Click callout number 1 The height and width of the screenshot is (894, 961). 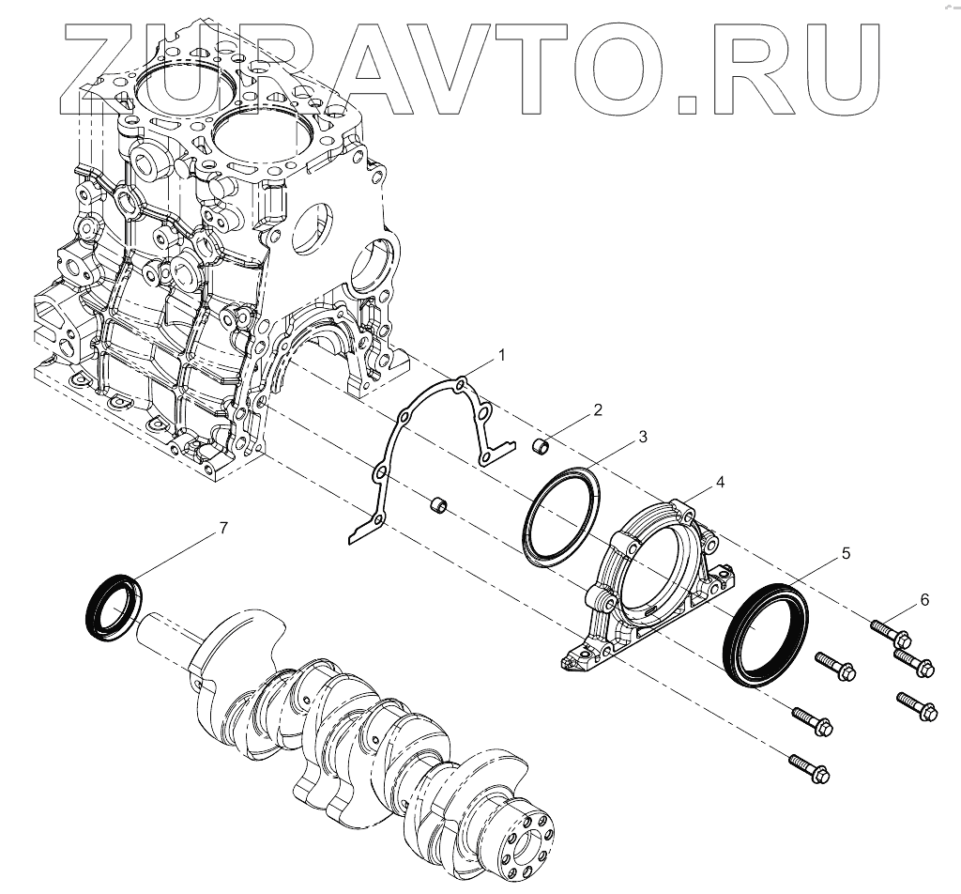pos(501,355)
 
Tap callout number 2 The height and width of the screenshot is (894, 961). pos(596,410)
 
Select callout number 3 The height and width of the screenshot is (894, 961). pos(643,437)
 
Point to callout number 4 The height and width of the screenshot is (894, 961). pos(719,482)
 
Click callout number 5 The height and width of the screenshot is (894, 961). pos(846,554)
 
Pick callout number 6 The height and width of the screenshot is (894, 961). pos(924,599)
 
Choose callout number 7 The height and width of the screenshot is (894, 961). pos(222,529)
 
